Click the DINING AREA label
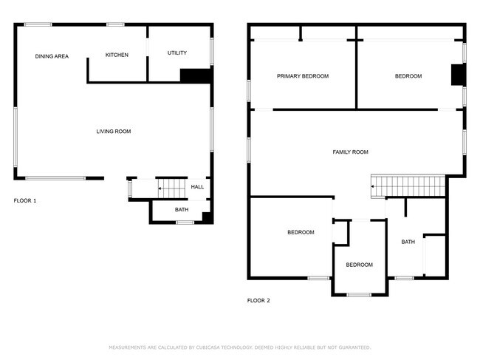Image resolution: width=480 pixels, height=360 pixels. click(x=52, y=56)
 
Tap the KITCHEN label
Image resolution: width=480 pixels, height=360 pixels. click(x=117, y=55)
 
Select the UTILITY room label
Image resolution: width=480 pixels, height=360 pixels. click(x=177, y=52)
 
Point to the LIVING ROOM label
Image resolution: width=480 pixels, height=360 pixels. click(x=114, y=132)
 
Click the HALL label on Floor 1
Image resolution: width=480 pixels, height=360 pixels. click(x=197, y=186)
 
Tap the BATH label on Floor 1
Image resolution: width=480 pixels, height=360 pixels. click(x=182, y=209)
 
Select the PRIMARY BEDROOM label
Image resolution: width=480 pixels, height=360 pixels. click(x=303, y=76)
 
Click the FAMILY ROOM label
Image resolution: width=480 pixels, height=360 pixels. click(x=350, y=152)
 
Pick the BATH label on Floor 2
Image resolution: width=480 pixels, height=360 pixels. click(x=408, y=242)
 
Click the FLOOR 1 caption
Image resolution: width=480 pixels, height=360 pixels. click(x=25, y=200)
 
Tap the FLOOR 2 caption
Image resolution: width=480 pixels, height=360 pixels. click(x=258, y=301)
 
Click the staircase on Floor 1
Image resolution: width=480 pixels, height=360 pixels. click(x=172, y=189)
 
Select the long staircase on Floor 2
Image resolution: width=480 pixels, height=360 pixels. click(x=408, y=186)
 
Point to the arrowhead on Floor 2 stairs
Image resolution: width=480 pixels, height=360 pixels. click(x=372, y=186)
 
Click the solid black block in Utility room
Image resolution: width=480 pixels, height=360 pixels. click(x=196, y=75)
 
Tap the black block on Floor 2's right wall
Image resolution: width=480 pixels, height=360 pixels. click(x=459, y=75)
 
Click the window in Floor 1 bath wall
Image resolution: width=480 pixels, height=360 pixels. click(x=185, y=223)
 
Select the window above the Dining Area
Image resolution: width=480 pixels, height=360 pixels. click(x=38, y=24)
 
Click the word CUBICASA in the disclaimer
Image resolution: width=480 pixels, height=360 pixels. click(x=208, y=347)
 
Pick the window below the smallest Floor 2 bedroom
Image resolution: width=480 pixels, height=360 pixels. click(x=359, y=295)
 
